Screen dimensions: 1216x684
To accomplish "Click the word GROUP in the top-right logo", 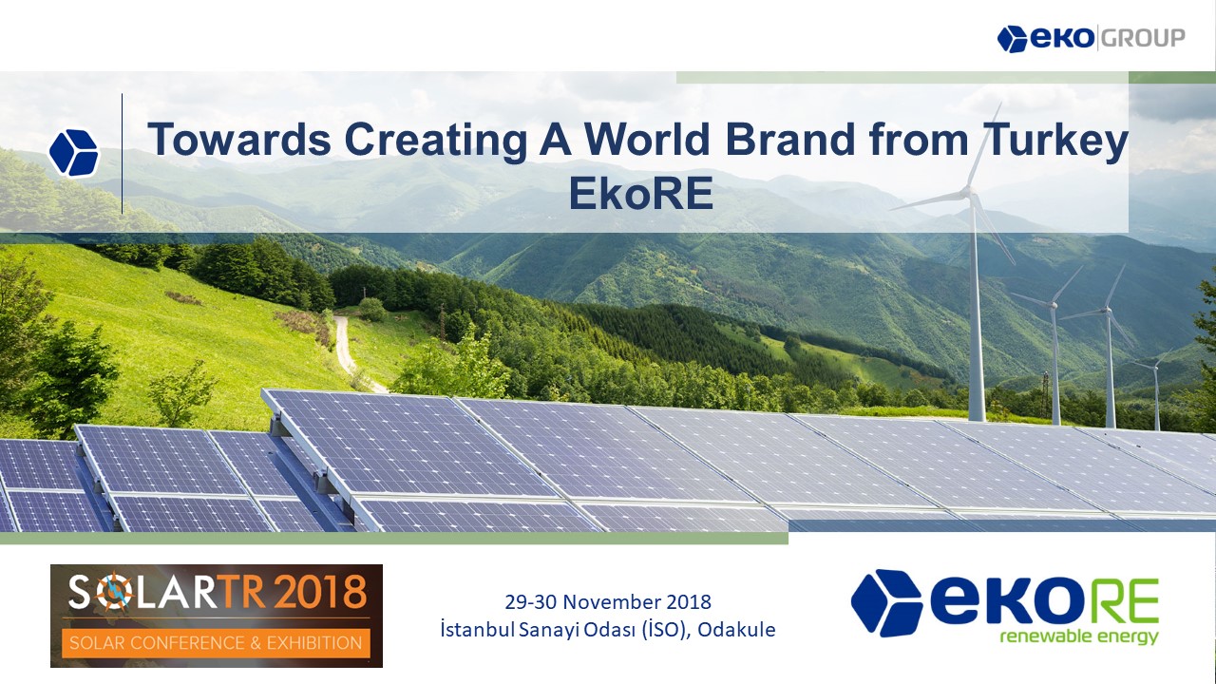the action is click(1144, 39).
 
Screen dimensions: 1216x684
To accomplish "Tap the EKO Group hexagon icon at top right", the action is click(1013, 39).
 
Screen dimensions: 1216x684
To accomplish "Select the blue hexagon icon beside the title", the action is click(74, 153).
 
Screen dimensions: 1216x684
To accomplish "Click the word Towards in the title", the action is click(238, 140).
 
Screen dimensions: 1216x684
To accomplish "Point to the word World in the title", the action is click(647, 140).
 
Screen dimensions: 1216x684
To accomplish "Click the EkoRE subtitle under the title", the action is click(640, 194).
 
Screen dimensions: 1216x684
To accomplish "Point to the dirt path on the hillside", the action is click(345, 348).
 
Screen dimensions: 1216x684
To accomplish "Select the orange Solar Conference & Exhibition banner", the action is click(216, 643).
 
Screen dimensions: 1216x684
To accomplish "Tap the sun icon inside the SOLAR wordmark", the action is click(116, 592).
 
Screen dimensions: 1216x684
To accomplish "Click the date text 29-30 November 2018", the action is click(608, 602).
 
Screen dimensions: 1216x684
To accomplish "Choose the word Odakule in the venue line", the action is click(736, 630).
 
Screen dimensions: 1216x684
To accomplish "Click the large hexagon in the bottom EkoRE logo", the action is click(886, 602).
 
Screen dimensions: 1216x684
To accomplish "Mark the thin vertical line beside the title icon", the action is click(123, 154).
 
